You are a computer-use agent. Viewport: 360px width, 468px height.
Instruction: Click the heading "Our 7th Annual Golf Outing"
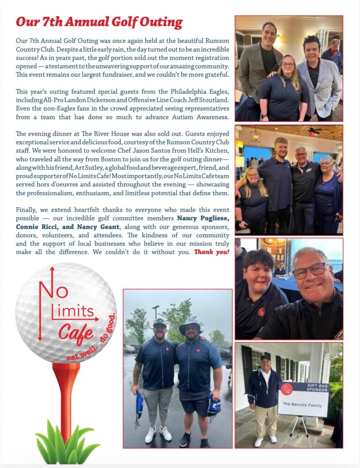(x=99, y=22)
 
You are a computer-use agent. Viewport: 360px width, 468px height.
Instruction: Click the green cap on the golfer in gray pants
(x=159, y=322)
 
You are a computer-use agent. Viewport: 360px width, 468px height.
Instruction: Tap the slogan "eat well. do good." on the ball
(x=91, y=339)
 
